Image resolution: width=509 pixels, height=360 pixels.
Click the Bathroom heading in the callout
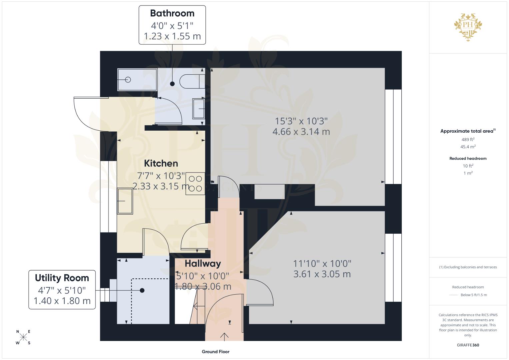pyautogui.click(x=172, y=13)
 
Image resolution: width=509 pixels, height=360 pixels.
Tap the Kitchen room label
pyautogui.click(x=161, y=163)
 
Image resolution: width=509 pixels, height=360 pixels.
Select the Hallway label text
pyautogui.click(x=203, y=264)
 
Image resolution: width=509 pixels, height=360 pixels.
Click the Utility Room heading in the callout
pyautogui.click(x=62, y=278)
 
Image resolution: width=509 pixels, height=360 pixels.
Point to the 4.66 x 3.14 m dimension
pyautogui.click(x=301, y=132)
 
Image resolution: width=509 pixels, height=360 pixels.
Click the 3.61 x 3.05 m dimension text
pyautogui.click(x=322, y=274)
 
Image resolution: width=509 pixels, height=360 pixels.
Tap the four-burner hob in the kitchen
pyautogui.click(x=195, y=183)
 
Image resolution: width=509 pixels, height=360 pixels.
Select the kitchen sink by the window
pyautogui.click(x=125, y=201)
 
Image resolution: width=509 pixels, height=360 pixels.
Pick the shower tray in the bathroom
pyautogui.click(x=137, y=80)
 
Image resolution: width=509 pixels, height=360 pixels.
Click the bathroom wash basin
pyautogui.click(x=199, y=109)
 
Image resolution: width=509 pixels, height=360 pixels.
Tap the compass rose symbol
pyautogui.click(x=23, y=337)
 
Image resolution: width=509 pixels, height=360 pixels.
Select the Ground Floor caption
pyautogui.click(x=215, y=352)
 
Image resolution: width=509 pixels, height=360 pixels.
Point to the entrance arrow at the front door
pyautogui.click(x=224, y=337)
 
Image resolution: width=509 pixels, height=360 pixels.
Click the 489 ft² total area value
pyautogui.click(x=468, y=139)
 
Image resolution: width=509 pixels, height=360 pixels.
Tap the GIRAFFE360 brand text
pyautogui.click(x=468, y=345)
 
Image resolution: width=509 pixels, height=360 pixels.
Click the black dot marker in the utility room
pyautogui.click(x=142, y=290)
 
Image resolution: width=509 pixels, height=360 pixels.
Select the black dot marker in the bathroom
pyautogui.click(x=172, y=84)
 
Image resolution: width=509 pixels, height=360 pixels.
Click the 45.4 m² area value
pyautogui.click(x=468, y=147)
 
